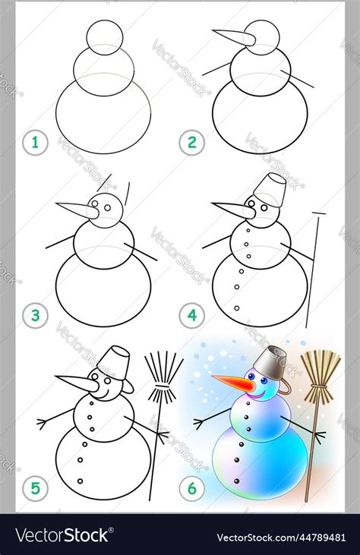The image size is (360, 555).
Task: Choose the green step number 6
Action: (191, 488)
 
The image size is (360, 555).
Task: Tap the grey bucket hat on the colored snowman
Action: (270, 363)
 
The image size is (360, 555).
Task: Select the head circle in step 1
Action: (104, 36)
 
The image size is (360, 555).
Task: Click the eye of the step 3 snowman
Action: (106, 207)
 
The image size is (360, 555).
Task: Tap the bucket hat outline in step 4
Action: (270, 190)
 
